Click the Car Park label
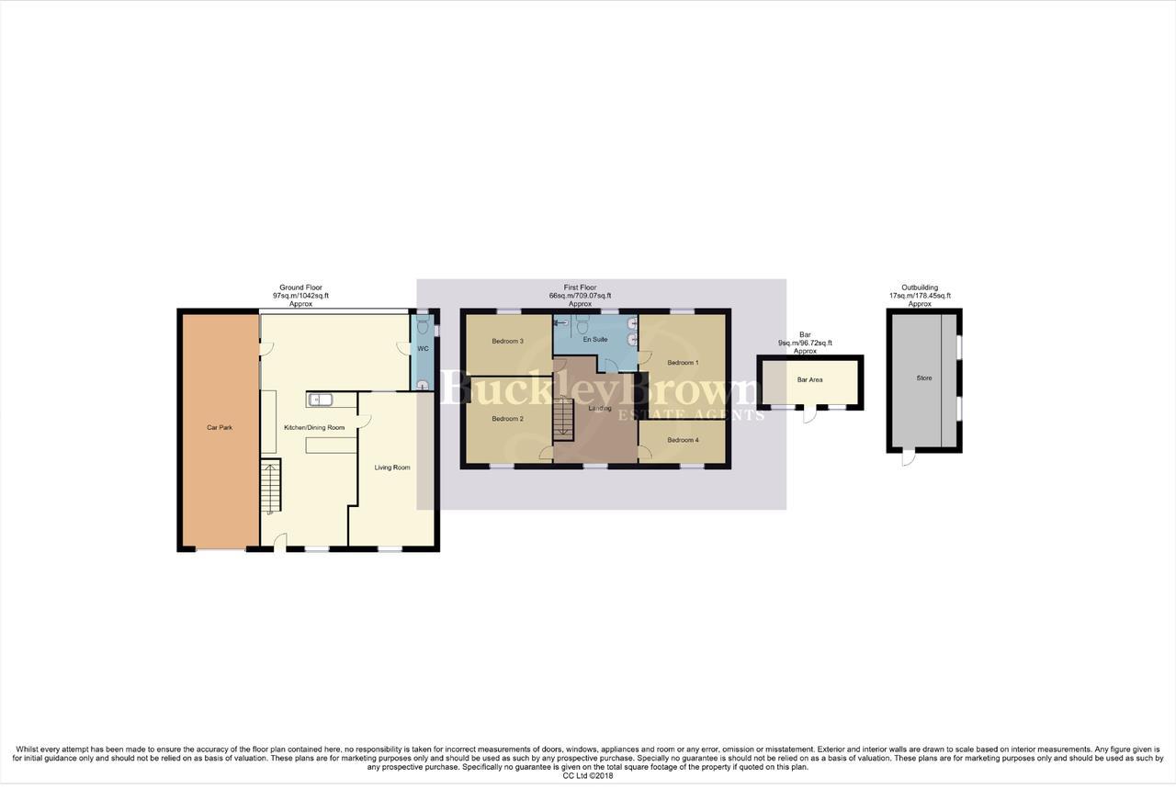[219, 428]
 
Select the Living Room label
[392, 468]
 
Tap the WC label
[423, 349]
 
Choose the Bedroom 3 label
[507, 342]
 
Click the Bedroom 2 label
[507, 419]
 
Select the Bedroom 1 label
[683, 363]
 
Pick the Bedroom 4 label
[683, 441]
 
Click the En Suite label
[594, 340]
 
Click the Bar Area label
[809, 379]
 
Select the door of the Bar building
[808, 414]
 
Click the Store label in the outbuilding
[923, 378]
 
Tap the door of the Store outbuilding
[909, 458]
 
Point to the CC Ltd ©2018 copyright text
[588, 776]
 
